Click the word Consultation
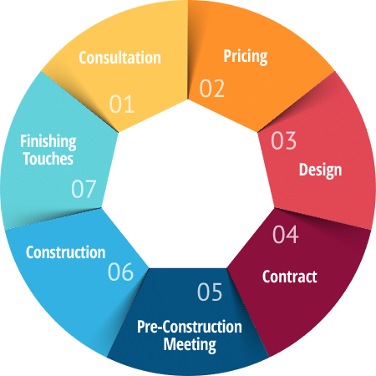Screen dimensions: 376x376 (119, 58)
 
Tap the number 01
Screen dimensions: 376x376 (122, 104)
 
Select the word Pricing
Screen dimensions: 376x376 (246, 57)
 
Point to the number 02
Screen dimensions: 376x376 (212, 89)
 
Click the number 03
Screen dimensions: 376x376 (283, 140)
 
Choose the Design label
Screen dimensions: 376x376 (320, 170)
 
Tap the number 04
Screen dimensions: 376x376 (286, 234)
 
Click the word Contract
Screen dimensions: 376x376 (290, 277)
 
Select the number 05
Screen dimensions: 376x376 (210, 292)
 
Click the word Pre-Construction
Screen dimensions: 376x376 (190, 327)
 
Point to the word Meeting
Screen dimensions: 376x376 (190, 344)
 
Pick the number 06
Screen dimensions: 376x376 (120, 272)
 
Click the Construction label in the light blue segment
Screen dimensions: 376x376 (66, 252)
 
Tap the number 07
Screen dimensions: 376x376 (84, 189)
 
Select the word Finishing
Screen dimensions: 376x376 (48, 141)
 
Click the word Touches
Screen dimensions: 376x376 (48, 159)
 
